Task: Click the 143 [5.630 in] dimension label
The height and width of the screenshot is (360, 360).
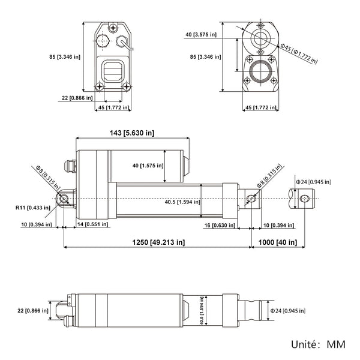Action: pyautogui.click(x=131, y=133)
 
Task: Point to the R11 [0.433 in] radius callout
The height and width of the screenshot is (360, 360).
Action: pyautogui.click(x=33, y=208)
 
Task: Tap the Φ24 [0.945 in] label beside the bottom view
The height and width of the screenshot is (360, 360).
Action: pyautogui.click(x=287, y=311)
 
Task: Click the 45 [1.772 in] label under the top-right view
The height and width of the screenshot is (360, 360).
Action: pyautogui.click(x=262, y=107)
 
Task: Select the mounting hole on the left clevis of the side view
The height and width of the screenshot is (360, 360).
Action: pyautogui.click(x=62, y=199)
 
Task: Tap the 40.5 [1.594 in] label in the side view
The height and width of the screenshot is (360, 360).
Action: pyautogui.click(x=182, y=202)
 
